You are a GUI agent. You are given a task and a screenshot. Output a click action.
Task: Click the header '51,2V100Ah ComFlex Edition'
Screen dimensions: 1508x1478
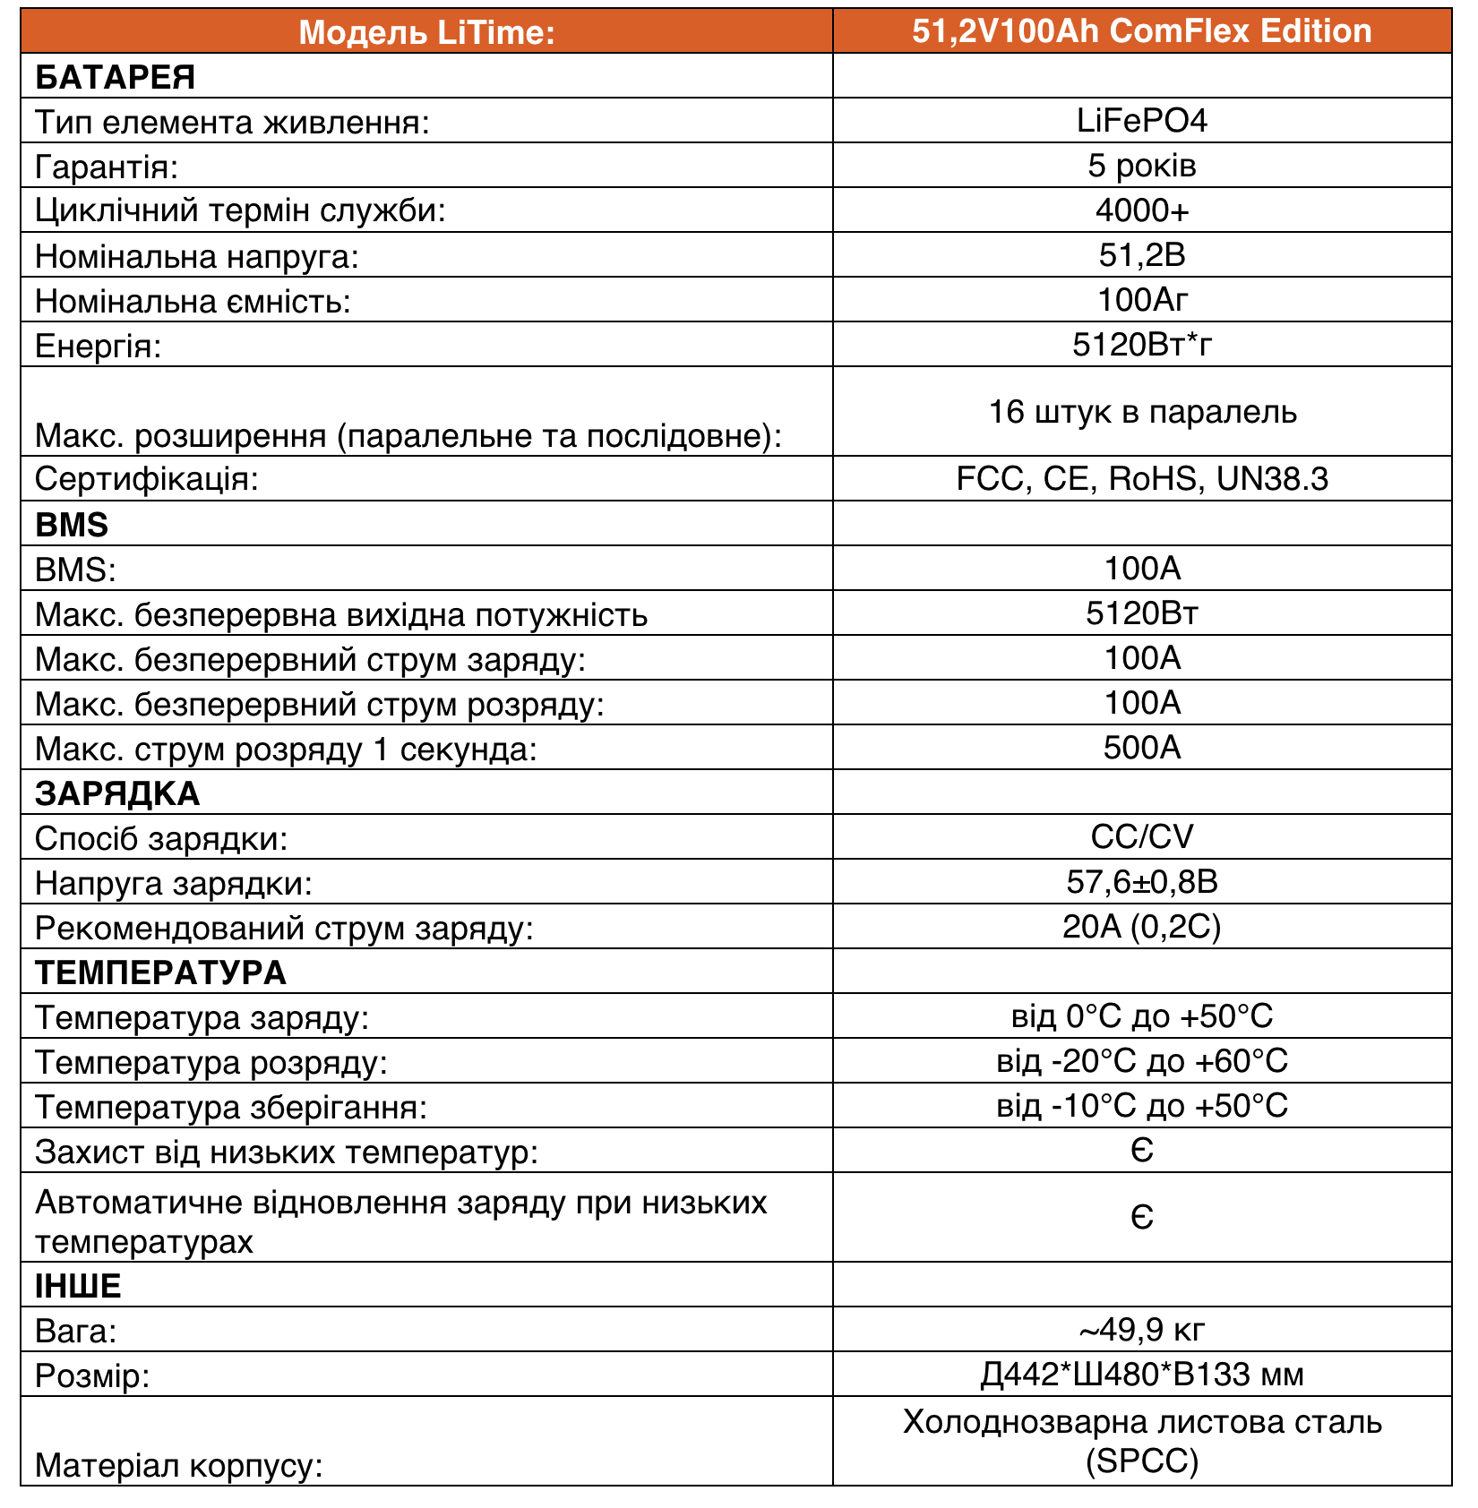click(1141, 31)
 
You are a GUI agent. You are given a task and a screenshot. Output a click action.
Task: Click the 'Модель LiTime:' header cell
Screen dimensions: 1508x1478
click(426, 32)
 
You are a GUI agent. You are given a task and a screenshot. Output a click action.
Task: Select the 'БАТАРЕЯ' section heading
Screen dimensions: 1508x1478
click(115, 77)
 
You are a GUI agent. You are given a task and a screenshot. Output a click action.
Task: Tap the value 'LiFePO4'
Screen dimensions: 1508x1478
click(1141, 121)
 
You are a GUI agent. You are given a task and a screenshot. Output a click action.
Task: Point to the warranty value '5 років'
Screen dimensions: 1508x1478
click(1141, 166)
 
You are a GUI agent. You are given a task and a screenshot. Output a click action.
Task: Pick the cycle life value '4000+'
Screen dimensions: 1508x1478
click(1141, 210)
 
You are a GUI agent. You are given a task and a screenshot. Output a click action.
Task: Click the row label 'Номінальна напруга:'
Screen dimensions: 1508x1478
click(196, 257)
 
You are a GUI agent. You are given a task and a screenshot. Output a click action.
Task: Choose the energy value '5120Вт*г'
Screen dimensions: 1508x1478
click(1141, 345)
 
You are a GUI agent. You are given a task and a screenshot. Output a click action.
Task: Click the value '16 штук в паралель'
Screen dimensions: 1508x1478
click(1141, 412)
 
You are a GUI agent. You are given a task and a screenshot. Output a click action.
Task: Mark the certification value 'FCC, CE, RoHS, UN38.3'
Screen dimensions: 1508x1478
click(1141, 479)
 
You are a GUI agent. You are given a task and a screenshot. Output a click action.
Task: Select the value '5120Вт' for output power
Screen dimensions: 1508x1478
click(1141, 613)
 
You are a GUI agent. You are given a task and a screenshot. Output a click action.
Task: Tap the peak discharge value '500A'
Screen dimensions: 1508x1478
click(1141, 748)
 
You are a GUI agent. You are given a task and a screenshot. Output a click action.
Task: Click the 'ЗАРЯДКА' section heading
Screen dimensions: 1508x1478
click(117, 793)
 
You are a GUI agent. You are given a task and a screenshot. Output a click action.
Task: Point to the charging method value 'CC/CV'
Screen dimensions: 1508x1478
click(1141, 837)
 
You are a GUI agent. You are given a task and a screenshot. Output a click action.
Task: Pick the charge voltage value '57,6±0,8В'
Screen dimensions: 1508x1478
click(1141, 882)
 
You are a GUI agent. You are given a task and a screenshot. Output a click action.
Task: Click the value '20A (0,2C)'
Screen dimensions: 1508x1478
click(1141, 927)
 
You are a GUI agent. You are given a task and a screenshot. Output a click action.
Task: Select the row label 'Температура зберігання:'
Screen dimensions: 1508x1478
click(231, 1108)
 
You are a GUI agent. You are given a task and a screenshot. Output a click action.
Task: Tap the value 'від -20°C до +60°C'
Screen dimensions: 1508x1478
click(1141, 1061)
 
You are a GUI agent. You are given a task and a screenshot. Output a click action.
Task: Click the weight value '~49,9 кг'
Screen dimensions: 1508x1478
click(1141, 1330)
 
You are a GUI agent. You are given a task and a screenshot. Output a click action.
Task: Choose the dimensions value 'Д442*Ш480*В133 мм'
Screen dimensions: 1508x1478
click(1141, 1375)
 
